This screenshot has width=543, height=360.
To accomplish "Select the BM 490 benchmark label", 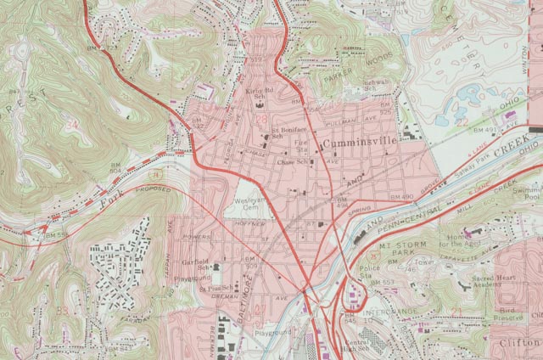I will (x=401, y=198).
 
